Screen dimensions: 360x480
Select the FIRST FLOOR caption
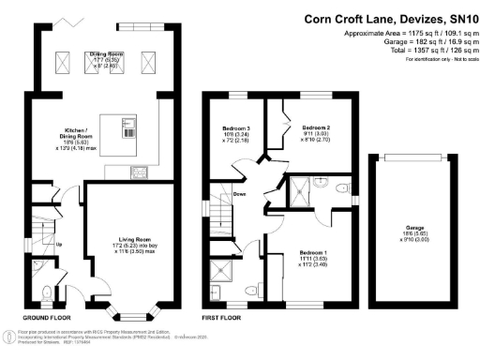[x=224, y=318]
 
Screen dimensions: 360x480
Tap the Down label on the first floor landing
[x=239, y=195]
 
